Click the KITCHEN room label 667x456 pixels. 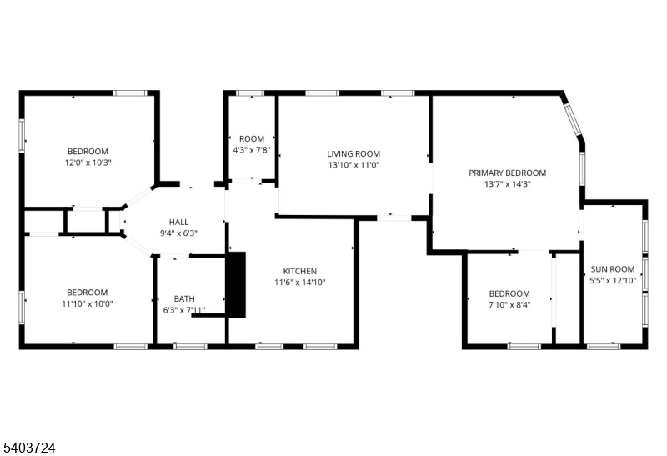tap(300, 271)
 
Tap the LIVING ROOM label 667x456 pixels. tap(354, 153)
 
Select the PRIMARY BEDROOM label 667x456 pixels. tap(508, 173)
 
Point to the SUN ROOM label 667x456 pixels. tap(613, 268)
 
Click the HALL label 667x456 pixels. tap(178, 222)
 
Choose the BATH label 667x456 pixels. tap(184, 298)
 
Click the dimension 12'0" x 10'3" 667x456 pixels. tap(88, 163)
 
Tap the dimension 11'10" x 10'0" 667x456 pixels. tap(88, 303)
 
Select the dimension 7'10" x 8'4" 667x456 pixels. tap(509, 304)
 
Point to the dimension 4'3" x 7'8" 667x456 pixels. tap(252, 150)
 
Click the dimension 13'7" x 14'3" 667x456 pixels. tap(508, 184)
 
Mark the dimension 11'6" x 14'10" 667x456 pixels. tap(300, 282)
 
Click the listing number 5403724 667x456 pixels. tap(29, 448)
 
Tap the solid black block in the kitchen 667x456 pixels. tap(238, 284)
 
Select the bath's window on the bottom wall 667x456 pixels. tap(190, 347)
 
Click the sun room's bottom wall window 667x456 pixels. tap(604, 347)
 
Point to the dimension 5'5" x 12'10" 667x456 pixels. tap(613, 280)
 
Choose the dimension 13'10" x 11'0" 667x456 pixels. tap(354, 165)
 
